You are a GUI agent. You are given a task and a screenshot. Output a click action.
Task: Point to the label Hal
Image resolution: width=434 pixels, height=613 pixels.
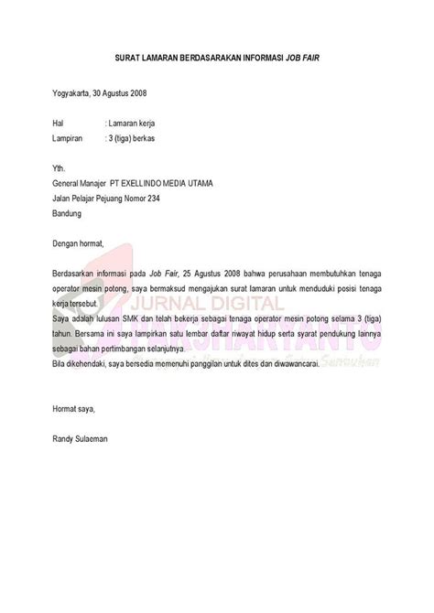59,122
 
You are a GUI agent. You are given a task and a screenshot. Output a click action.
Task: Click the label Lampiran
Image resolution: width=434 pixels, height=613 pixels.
68,139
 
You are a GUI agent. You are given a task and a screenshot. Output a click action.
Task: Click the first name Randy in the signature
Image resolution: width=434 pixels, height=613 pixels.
63,414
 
